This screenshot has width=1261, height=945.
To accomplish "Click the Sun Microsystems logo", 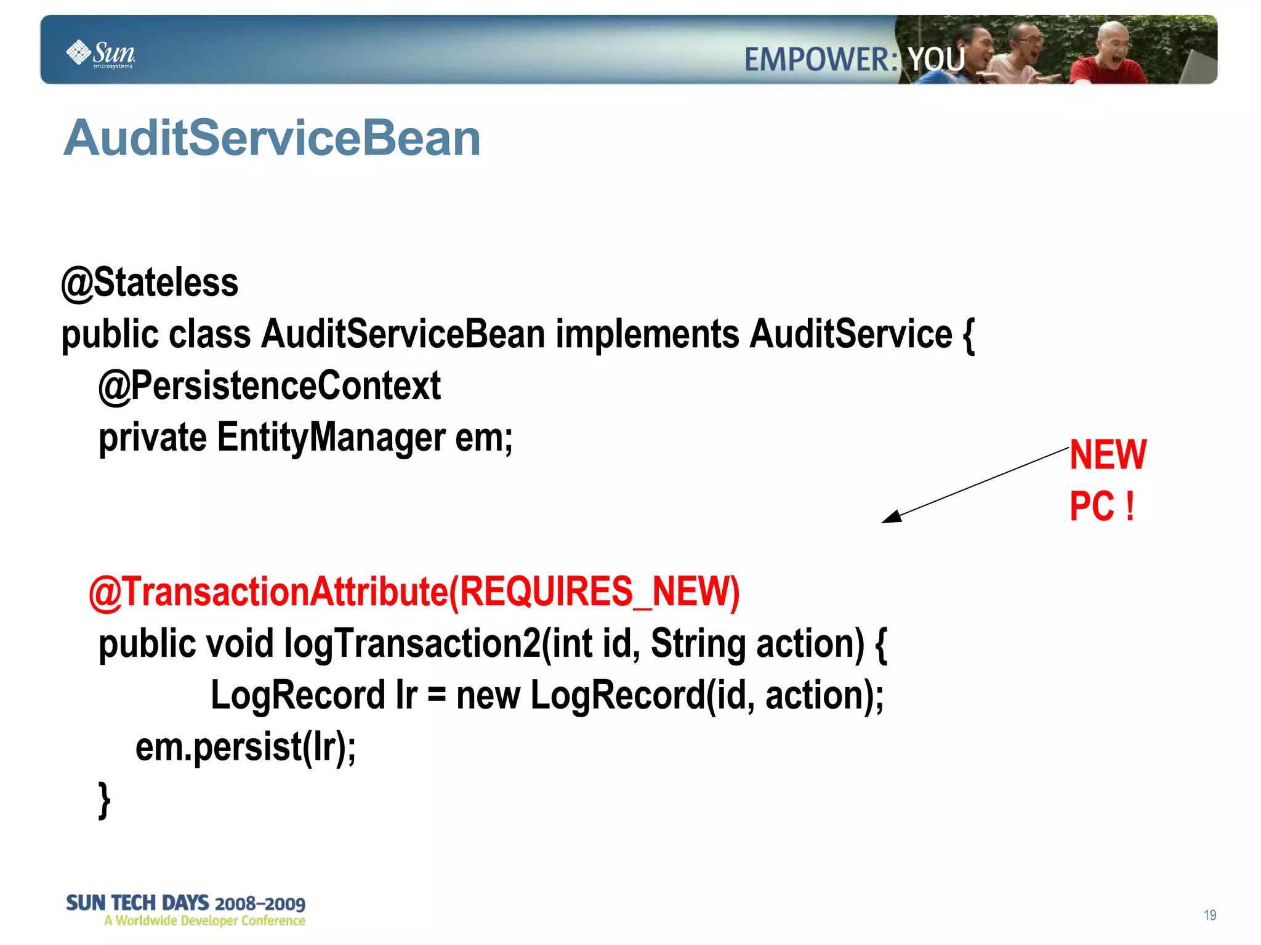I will click(x=100, y=54).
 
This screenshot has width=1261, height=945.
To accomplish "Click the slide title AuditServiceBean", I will click(x=272, y=138).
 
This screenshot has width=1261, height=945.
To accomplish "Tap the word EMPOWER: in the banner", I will click(x=821, y=60).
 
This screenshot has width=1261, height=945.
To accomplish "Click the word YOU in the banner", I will click(x=936, y=60).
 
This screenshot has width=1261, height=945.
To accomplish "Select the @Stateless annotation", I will click(x=150, y=283).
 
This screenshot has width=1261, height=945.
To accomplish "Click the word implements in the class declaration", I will click(x=647, y=334).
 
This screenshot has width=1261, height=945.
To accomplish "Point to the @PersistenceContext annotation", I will click(x=269, y=386).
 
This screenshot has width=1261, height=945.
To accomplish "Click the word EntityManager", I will click(x=331, y=438).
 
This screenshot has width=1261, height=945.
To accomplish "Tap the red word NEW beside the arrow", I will click(x=1107, y=455).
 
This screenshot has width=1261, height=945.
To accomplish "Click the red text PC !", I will click(x=1101, y=507).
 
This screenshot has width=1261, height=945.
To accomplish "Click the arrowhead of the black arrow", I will click(x=891, y=517).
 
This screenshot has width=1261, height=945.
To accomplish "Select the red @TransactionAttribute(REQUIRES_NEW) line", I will click(x=414, y=592).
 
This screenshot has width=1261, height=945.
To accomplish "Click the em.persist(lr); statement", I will click(x=245, y=747).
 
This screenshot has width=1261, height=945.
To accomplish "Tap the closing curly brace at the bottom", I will click(x=105, y=800).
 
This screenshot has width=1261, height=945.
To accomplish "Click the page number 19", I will click(x=1209, y=915).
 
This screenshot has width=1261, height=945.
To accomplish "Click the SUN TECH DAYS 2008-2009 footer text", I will click(x=185, y=903).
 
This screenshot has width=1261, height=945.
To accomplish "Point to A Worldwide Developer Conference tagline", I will click(x=204, y=921).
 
